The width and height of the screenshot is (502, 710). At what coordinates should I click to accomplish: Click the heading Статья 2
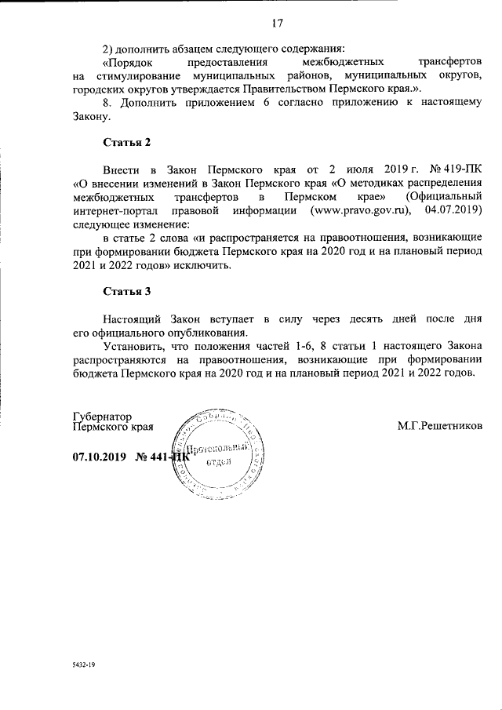pyautogui.click(x=126, y=143)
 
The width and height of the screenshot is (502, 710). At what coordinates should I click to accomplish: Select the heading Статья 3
pyautogui.click(x=126, y=292)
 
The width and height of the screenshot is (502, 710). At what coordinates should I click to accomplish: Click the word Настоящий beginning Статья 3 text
pyautogui.click(x=133, y=319)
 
